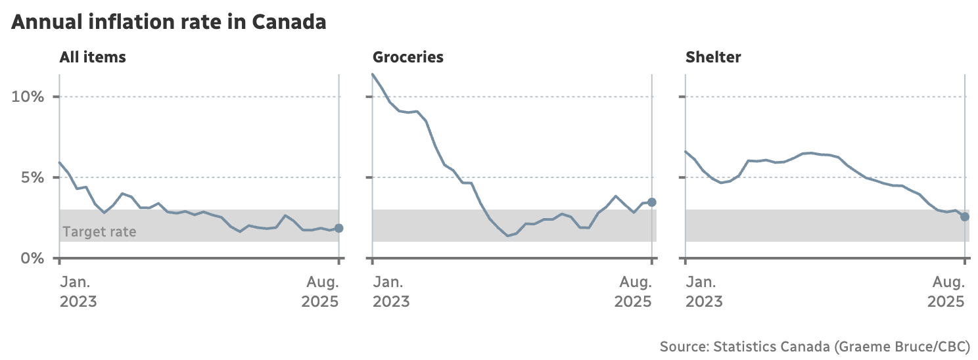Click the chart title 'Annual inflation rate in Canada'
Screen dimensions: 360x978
click(x=169, y=22)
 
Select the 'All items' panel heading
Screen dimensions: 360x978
click(x=93, y=57)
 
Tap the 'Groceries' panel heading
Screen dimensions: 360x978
click(x=407, y=57)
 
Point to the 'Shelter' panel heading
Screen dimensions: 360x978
click(x=713, y=57)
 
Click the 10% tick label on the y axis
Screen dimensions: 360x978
click(x=28, y=97)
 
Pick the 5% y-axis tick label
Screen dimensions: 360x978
click(x=32, y=178)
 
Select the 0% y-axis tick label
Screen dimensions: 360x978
click(x=32, y=258)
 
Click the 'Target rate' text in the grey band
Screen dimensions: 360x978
click(x=100, y=231)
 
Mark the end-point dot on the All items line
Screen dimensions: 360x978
click(x=338, y=228)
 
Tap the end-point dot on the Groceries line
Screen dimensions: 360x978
click(x=651, y=202)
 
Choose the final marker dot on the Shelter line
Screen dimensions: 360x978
click(x=964, y=217)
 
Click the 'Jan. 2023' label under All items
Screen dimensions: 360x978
click(x=78, y=292)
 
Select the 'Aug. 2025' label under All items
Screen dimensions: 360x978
click(x=321, y=292)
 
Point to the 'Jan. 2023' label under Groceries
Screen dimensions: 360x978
click(x=391, y=292)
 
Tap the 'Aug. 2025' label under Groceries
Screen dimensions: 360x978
click(x=634, y=292)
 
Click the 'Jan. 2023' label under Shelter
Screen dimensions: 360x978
click(x=704, y=292)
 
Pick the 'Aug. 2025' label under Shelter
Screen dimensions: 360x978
click(x=946, y=292)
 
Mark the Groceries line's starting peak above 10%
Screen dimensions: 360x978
click(x=373, y=74)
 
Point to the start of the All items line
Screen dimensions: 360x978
click(x=60, y=162)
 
